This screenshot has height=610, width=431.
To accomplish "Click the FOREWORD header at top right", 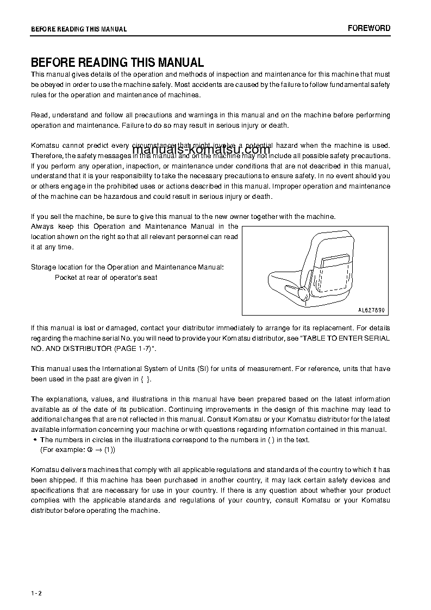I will click(368, 28).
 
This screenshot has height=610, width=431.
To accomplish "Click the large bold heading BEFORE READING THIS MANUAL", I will click(117, 62).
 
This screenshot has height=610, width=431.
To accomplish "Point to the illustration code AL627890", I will click(371, 310).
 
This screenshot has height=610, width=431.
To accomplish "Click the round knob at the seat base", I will click(302, 294).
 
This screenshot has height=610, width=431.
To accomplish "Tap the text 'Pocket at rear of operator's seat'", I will click(106, 278).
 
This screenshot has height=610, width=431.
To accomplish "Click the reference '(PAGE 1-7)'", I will click(134, 348).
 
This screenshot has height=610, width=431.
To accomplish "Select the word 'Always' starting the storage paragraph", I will click(42, 227).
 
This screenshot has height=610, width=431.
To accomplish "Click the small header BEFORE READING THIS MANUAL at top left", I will click(79, 29).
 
